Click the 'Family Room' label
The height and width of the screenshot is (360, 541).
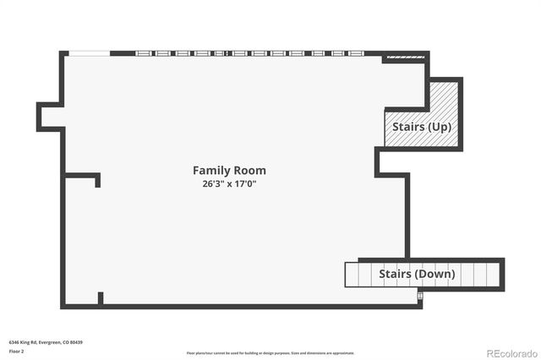coord(228,171)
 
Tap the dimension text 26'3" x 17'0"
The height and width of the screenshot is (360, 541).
coord(228,183)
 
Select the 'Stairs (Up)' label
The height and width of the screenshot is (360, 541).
coord(422,127)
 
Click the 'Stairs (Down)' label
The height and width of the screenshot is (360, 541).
coord(416,274)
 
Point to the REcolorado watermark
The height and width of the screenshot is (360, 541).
coord(510,352)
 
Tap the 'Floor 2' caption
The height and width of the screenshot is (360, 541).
coord(17,351)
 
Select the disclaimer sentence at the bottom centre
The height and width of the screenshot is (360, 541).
coord(270,353)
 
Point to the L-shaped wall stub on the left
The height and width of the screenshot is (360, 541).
coord(85,177)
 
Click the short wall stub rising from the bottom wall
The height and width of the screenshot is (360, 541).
coord(101,297)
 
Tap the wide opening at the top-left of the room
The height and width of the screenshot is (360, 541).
coord(89,53)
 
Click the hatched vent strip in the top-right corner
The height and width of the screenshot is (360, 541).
coord(404,58)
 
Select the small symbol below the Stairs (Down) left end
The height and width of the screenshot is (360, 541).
coord(419,295)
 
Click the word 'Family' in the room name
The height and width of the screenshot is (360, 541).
coord(210,171)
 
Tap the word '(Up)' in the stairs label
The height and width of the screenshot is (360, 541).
coord(438,127)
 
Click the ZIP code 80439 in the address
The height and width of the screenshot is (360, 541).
coord(77,342)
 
